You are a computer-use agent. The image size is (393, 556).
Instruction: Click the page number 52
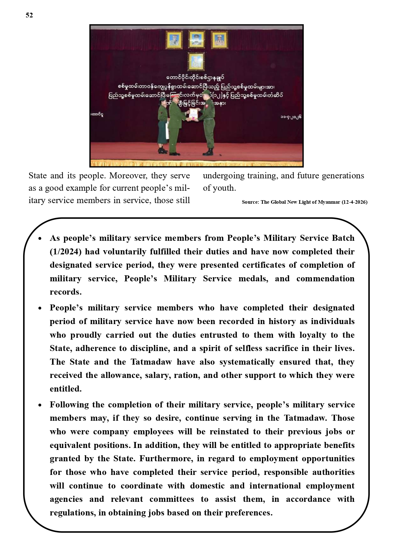tap(29, 15)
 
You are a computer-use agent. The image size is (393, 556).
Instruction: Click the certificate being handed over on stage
tap(193, 114)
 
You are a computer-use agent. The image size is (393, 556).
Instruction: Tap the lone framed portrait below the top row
tap(196, 61)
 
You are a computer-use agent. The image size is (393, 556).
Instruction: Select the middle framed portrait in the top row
tap(196, 40)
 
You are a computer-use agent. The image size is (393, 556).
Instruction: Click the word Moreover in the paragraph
tap(128, 176)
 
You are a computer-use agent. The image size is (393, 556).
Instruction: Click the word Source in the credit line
tap(250, 202)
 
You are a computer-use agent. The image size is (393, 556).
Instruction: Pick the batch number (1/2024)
tap(66, 252)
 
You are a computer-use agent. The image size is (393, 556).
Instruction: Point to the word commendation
tap(325, 278)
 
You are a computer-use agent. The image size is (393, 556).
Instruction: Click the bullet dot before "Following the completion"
tap(40, 405)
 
